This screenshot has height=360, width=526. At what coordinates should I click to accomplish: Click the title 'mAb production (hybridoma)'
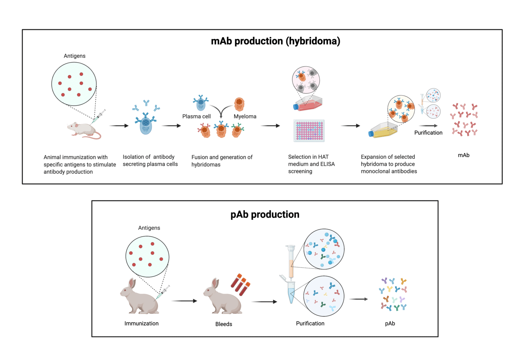coord(275,41)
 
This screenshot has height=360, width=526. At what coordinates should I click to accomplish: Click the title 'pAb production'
coord(265,215)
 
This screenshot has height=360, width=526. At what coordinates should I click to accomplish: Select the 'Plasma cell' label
coord(196,116)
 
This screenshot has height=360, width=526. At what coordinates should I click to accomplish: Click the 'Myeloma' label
coord(245,116)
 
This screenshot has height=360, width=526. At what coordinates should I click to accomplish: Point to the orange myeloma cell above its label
coord(239,104)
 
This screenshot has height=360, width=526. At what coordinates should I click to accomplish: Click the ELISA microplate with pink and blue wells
coord(309,130)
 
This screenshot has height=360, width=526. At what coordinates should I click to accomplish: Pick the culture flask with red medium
coord(308,103)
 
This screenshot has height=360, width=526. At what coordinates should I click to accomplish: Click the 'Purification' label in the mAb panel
coord(428,133)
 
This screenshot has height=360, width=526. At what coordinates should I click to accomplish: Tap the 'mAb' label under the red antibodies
coord(463,155)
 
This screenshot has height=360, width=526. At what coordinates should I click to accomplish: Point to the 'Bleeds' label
coord(224,324)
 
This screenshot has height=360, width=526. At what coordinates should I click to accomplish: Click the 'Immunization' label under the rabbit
coord(141,323)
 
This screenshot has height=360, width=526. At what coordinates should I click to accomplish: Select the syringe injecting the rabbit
coord(163,292)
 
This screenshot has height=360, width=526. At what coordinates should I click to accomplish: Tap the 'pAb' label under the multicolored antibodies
coord(390,323)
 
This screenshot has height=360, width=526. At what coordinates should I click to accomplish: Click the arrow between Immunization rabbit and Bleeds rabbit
coord(184,301)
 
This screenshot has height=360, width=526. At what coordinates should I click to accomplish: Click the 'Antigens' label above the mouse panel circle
coord(74,56)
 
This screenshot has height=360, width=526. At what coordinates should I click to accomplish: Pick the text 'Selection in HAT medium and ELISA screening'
coord(311,164)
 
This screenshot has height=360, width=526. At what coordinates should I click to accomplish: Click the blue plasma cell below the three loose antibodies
coord(146,124)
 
